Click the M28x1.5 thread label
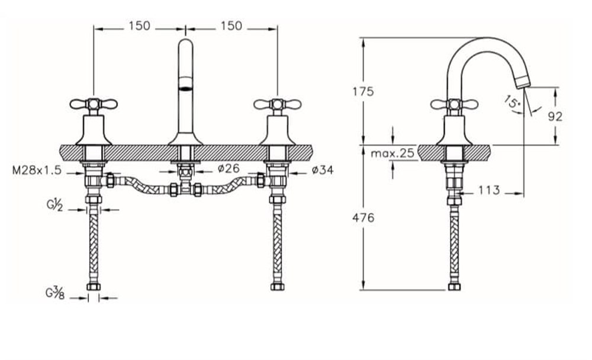pyautogui.click(x=37, y=170)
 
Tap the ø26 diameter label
pyautogui.click(x=229, y=169)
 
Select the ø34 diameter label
pyautogui.click(x=323, y=171)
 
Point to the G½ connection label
pyautogui.click(x=54, y=205)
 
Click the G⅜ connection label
pyautogui.click(x=55, y=293)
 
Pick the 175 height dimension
pyautogui.click(x=363, y=91)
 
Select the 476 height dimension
pyautogui.click(x=363, y=217)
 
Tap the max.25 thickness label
pyautogui.click(x=392, y=153)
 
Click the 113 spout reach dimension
pyautogui.click(x=490, y=190)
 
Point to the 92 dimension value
pyautogui.click(x=555, y=117)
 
